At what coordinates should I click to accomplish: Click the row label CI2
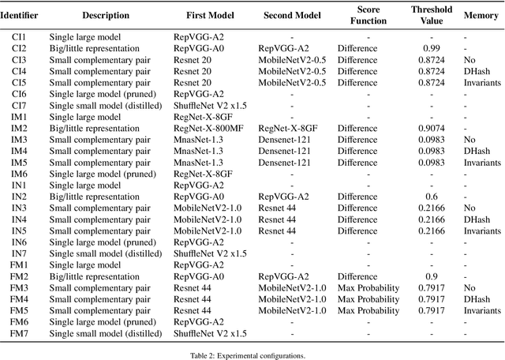[19, 48]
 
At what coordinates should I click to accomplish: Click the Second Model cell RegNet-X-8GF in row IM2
[286, 128]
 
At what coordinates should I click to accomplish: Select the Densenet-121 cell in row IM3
[284, 139]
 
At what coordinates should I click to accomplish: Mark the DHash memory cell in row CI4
[477, 71]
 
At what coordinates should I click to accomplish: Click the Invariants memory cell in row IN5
[482, 231]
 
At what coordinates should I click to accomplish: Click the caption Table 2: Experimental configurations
[252, 355]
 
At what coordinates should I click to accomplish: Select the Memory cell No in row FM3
[470, 288]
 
